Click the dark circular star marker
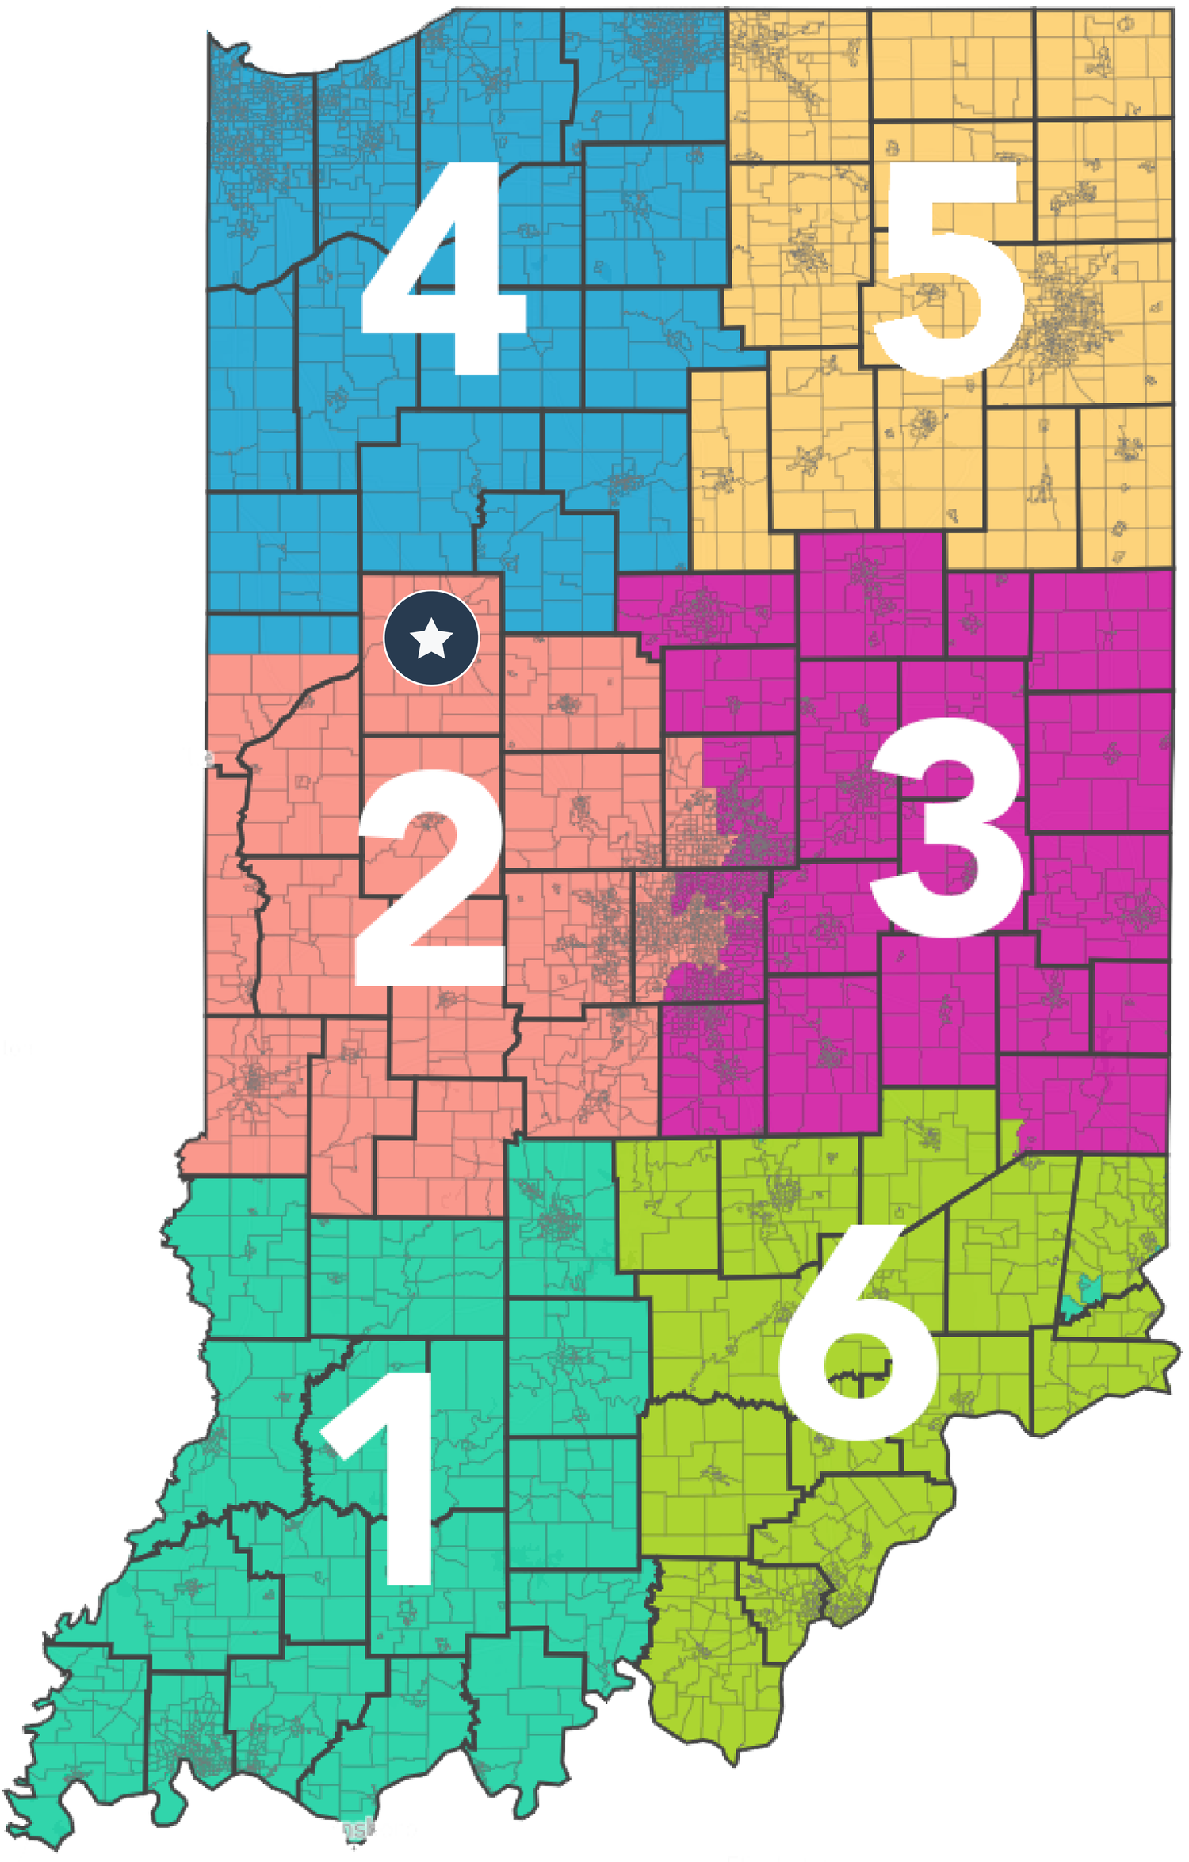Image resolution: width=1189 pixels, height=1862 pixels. [431, 638]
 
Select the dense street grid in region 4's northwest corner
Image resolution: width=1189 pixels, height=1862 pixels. [254, 119]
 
